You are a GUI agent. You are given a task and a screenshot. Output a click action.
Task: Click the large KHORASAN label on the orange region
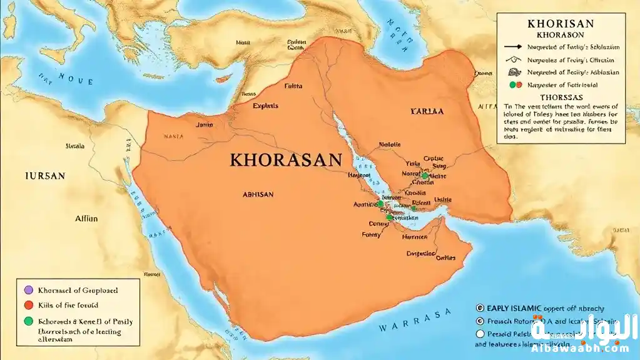(x=287, y=159)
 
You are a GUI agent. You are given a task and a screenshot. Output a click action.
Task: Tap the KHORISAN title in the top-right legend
(x=561, y=24)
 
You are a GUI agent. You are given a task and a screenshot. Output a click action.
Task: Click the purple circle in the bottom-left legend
(x=27, y=291)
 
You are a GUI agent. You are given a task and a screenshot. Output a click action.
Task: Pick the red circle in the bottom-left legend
(x=27, y=306)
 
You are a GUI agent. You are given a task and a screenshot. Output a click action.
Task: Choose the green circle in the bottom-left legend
(x=27, y=321)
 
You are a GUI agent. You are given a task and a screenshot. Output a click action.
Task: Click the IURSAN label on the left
(x=44, y=176)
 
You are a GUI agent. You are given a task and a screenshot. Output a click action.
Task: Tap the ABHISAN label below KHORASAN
(x=258, y=195)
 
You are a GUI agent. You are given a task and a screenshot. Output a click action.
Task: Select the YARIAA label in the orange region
(x=427, y=111)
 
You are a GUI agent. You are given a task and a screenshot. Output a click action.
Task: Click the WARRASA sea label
(x=415, y=321)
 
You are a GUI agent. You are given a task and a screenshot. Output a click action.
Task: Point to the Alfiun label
(x=86, y=219)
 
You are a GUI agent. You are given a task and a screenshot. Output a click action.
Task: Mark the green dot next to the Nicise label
(x=425, y=176)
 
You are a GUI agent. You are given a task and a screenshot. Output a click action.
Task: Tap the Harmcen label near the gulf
(x=415, y=237)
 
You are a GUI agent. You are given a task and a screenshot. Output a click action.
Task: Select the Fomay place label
(x=371, y=235)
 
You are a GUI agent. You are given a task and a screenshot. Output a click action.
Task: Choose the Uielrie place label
(x=443, y=200)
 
